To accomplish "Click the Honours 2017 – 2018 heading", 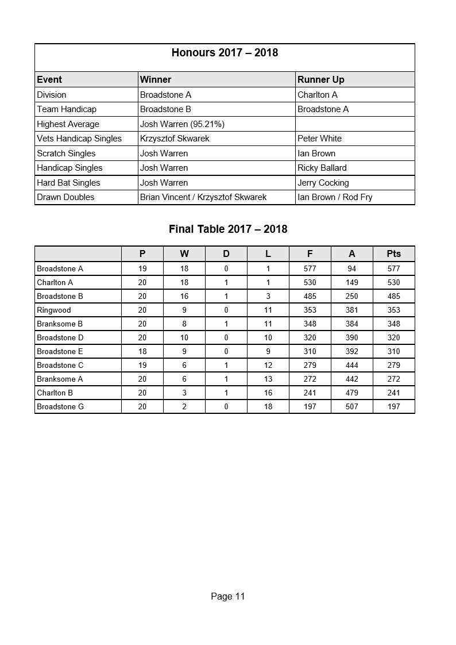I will click(225, 53).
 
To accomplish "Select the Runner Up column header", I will click(320, 79).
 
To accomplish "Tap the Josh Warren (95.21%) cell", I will click(182, 124).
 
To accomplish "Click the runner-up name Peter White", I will click(319, 139).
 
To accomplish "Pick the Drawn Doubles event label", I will click(65, 197).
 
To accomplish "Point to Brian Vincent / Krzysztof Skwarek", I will click(203, 197).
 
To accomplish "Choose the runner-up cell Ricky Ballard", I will click(322, 168).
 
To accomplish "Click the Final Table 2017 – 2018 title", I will click(228, 229).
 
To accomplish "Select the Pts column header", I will click(393, 254).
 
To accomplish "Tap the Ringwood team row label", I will click(54, 310).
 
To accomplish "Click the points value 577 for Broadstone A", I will click(393, 268).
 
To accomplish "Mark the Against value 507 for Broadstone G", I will click(351, 406).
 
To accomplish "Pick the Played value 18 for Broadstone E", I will click(142, 351).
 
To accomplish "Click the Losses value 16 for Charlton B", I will click(268, 393).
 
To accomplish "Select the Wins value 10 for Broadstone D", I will click(184, 337).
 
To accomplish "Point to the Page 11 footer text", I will click(227, 596).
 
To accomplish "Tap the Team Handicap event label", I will click(67, 109).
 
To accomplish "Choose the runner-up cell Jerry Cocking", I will click(323, 183).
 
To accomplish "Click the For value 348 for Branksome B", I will click(310, 324).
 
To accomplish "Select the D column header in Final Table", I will click(226, 254).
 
